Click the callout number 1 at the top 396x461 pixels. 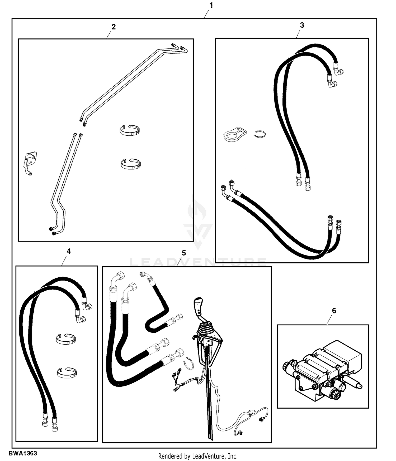tap(211, 6)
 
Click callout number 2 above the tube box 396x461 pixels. tap(114, 27)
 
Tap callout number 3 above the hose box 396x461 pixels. tap(302, 25)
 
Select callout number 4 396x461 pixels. tap(69, 251)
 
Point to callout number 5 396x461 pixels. tap(184, 253)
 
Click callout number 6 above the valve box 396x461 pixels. tap(334, 311)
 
